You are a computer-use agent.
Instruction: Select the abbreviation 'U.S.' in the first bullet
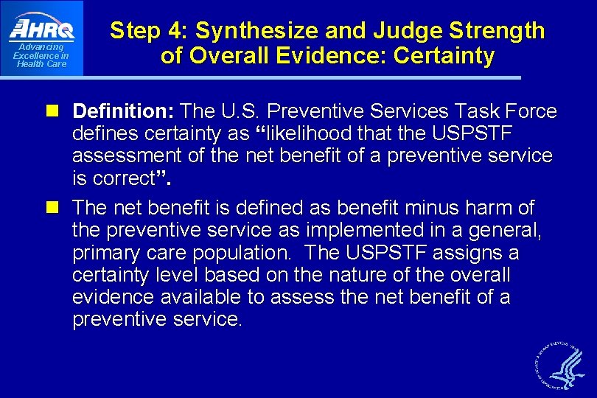click(240, 112)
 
